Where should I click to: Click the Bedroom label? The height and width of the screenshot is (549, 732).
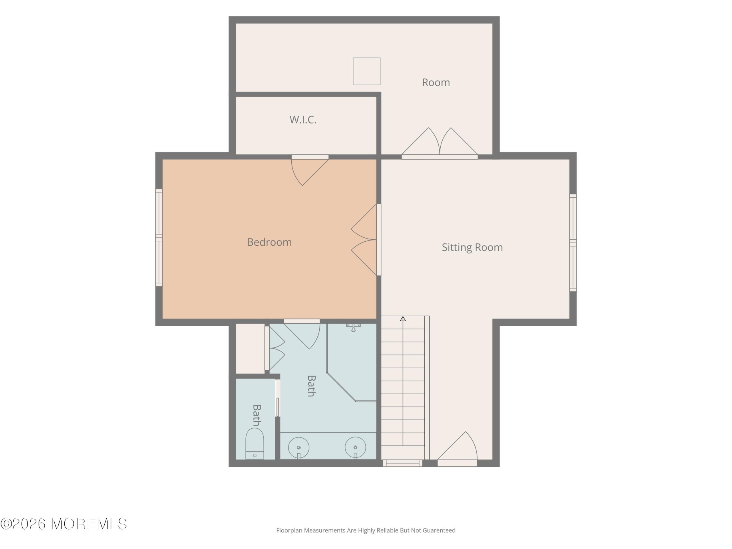(x=269, y=242)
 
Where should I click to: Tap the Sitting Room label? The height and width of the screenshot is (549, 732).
(x=472, y=247)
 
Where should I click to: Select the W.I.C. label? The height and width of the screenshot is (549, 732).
(x=303, y=120)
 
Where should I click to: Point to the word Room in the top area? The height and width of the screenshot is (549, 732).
(x=436, y=82)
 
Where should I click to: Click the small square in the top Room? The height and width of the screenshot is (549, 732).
(x=367, y=71)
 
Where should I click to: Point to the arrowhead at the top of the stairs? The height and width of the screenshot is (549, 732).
(x=403, y=319)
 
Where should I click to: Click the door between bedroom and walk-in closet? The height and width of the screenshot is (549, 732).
(x=310, y=170)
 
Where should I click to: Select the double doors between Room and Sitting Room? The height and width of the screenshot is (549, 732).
(x=439, y=142)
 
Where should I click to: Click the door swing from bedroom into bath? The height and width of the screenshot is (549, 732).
(x=302, y=334)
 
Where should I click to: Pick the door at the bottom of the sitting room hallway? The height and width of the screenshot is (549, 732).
(x=457, y=449)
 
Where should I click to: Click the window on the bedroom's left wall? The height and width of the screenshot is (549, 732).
(x=159, y=238)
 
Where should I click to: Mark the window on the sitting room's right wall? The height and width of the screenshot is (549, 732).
(x=573, y=242)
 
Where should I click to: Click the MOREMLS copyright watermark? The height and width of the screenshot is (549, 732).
(x=63, y=524)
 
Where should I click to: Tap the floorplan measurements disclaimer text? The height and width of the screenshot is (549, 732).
(x=366, y=530)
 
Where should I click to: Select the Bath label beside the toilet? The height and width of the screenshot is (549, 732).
(x=257, y=415)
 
